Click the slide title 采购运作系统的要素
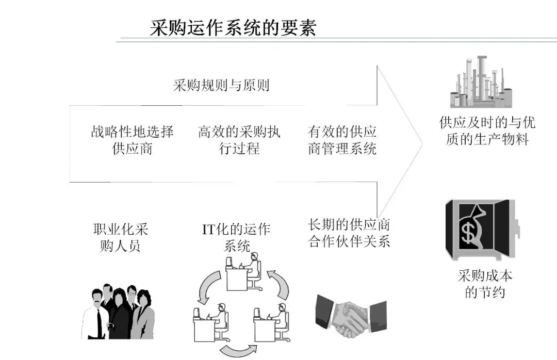[233, 27]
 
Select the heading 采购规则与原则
[221, 85]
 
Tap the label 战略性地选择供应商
[133, 140]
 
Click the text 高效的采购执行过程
[239, 140]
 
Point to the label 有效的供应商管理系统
[342, 140]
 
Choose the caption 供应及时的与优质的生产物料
[487, 131]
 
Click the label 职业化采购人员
[121, 237]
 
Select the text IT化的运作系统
[237, 237]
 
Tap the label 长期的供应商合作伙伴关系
[349, 233]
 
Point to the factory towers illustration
[480, 83]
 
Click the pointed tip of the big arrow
[422, 144]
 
